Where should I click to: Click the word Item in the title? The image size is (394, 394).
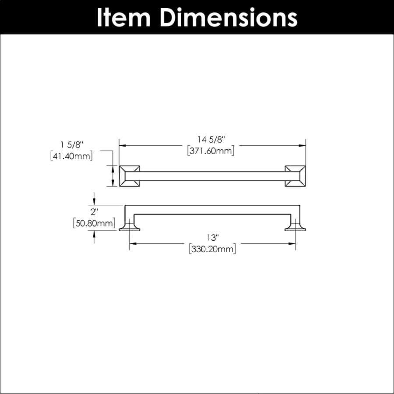(124, 17)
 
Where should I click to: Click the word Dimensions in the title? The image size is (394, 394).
(229, 17)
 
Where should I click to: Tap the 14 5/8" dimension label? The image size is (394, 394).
(211, 140)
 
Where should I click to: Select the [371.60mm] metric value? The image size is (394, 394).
(211, 151)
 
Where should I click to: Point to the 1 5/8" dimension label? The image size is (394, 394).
(72, 145)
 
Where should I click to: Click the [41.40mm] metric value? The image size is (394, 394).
(72, 156)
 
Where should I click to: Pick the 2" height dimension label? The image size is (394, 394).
(94, 212)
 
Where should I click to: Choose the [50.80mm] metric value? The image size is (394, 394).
(94, 223)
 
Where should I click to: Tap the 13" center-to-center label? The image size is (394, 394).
(213, 237)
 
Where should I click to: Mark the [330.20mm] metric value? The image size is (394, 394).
(213, 249)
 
